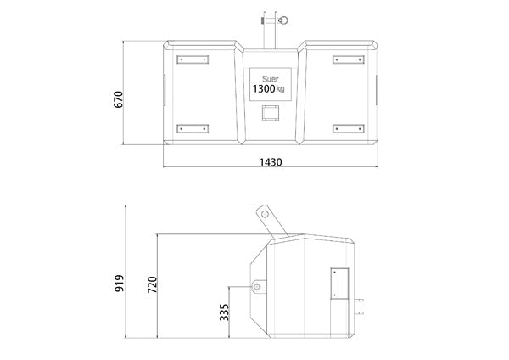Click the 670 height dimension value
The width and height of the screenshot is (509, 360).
120,98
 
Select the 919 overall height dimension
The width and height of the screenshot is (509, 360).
119,281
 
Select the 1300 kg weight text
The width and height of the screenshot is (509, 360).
269,87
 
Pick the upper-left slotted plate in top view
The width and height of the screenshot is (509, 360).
192,59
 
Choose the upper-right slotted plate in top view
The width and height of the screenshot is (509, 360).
348,59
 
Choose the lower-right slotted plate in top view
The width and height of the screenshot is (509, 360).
348,128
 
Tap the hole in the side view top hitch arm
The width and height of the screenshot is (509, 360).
266,214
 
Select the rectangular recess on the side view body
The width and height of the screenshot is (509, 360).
339,283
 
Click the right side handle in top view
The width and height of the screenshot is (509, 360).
373,88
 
